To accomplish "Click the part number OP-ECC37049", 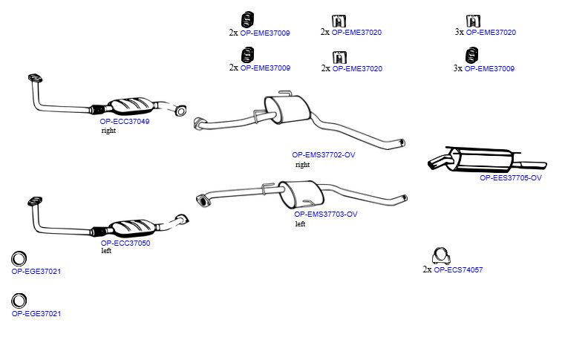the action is click(x=125, y=122).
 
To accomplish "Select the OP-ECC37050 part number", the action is click(x=125, y=243).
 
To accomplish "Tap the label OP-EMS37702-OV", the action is click(x=324, y=155).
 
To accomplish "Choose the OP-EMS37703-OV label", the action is click(x=326, y=215).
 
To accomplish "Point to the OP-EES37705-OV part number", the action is click(x=511, y=177).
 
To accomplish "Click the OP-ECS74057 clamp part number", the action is click(x=458, y=270).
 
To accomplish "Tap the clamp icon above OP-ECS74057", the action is click(x=441, y=256).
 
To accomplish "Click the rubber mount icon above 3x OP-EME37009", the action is click(x=471, y=55).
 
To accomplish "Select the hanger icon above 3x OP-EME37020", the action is click(x=473, y=21).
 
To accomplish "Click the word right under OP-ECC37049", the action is click(x=108, y=131).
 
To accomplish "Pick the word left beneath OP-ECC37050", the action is click(x=106, y=251).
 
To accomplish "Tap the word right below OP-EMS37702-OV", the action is click(x=302, y=165).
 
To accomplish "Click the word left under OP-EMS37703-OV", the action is click(x=300, y=223).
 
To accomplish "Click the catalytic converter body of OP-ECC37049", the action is click(x=131, y=105).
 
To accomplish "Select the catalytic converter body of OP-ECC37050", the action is click(x=134, y=226).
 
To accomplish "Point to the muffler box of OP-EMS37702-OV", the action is click(x=287, y=108).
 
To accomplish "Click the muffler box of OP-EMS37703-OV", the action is click(x=301, y=193).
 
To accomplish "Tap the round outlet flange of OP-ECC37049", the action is click(x=180, y=111).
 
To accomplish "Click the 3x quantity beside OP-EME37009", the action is click(x=458, y=68).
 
